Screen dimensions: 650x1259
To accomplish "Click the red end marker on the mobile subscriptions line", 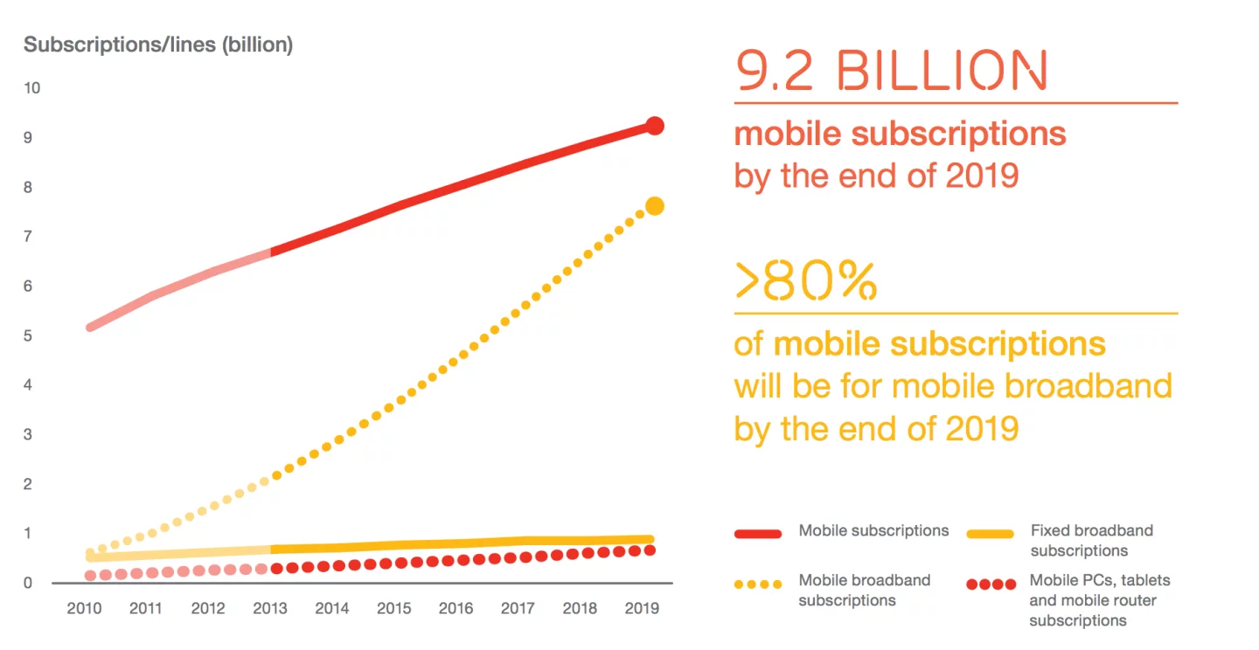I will coord(655,126).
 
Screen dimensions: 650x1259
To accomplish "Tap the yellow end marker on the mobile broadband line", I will coord(654,206).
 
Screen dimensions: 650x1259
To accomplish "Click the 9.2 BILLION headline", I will coord(890,71).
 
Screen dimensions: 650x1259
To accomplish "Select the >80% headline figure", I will coord(805,280).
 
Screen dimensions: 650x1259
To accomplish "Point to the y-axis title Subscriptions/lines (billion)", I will coord(158,45).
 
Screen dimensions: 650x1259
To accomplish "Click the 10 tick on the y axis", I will coord(32,88).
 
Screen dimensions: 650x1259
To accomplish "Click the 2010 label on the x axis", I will coord(85,608).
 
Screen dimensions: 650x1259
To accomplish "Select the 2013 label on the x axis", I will coord(270,608).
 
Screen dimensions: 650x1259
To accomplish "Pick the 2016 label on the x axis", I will coord(456,608).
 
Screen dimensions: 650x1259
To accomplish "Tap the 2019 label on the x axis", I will coord(641,608).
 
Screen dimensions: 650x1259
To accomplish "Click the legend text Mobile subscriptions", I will coord(873,531).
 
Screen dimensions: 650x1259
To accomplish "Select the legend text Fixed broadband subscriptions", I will coord(1091,541).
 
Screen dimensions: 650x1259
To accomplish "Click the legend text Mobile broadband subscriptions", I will coord(864,590).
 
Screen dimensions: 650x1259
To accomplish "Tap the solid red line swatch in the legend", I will coord(757,533).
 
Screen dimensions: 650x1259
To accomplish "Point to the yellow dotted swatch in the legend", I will coord(757,584).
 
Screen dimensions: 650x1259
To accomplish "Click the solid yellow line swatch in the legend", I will coord(990,533).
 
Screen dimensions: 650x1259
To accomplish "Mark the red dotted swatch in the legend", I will coord(990,584).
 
